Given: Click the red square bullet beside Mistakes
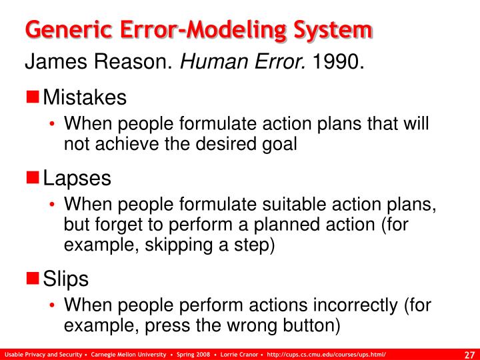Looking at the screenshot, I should click(x=33, y=97).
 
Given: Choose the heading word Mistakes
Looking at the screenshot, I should click(x=85, y=98).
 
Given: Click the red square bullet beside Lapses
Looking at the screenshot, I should click(x=33, y=177).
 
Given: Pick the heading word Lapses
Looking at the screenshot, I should click(x=77, y=178).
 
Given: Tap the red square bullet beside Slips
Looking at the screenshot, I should click(x=33, y=277).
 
